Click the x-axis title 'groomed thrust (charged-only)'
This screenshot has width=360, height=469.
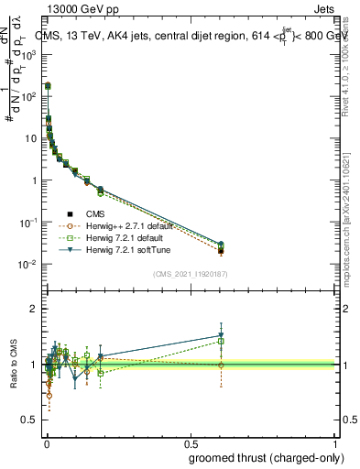coord(261,457)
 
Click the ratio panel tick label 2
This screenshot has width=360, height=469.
coord(35,309)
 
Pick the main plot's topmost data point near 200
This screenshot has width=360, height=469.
coord(48,85)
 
